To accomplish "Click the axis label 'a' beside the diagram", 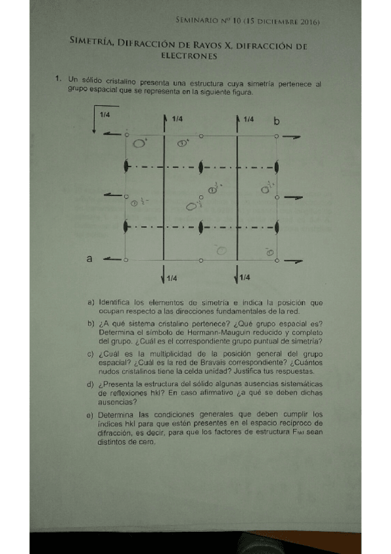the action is click(90, 259).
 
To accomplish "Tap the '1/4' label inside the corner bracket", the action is click(104, 115).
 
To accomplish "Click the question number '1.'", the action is click(59, 80).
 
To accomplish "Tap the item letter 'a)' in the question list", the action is click(90, 302).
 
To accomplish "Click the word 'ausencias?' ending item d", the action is click(116, 402).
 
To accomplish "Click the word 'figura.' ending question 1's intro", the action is click(240, 92).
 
